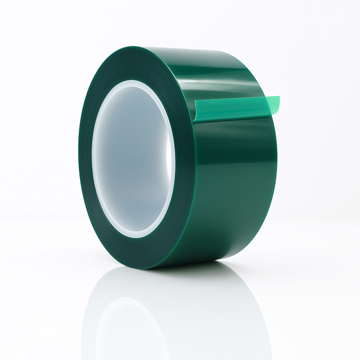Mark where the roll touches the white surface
pyautogui.click(x=154, y=267)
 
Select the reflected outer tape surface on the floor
pyautogui.click(x=221, y=309)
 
